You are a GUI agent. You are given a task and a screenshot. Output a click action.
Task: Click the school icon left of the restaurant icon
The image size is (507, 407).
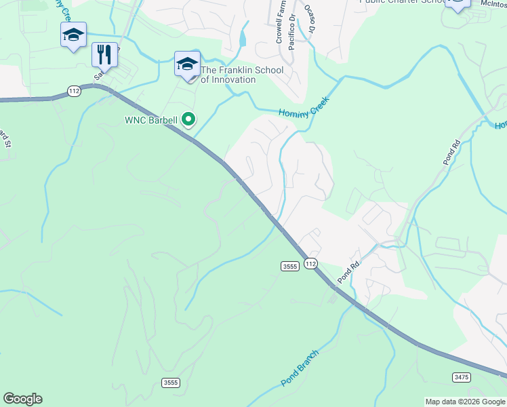[73, 35]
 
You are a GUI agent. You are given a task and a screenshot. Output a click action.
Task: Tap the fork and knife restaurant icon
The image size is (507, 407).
[104, 54]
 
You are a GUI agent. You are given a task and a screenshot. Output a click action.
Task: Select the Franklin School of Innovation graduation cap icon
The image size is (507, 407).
[187, 64]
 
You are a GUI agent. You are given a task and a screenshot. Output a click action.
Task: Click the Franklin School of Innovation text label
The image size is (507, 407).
[228, 75]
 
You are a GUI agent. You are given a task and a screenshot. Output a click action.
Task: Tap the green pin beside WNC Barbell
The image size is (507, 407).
[190, 121]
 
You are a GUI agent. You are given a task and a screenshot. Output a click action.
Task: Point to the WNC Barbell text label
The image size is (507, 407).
[150, 121]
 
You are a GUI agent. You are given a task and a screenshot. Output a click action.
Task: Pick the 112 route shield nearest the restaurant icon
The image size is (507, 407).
[74, 90]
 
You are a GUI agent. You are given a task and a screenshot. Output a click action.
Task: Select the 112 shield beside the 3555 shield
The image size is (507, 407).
[310, 263]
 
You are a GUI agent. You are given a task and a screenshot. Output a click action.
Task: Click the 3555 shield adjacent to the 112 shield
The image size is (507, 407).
[289, 267]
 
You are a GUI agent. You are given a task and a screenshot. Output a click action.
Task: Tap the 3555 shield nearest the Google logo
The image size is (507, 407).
[171, 383]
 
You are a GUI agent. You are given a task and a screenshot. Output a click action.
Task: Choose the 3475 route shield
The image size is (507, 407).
[461, 376]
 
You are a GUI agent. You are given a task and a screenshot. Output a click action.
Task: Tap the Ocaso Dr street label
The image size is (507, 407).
[310, 19]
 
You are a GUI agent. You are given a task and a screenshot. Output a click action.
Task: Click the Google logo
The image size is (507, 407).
[22, 399]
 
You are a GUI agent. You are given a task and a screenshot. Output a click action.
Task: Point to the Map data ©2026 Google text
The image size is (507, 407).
[465, 402]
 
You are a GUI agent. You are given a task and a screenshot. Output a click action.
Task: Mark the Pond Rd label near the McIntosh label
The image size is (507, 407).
[451, 153]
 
